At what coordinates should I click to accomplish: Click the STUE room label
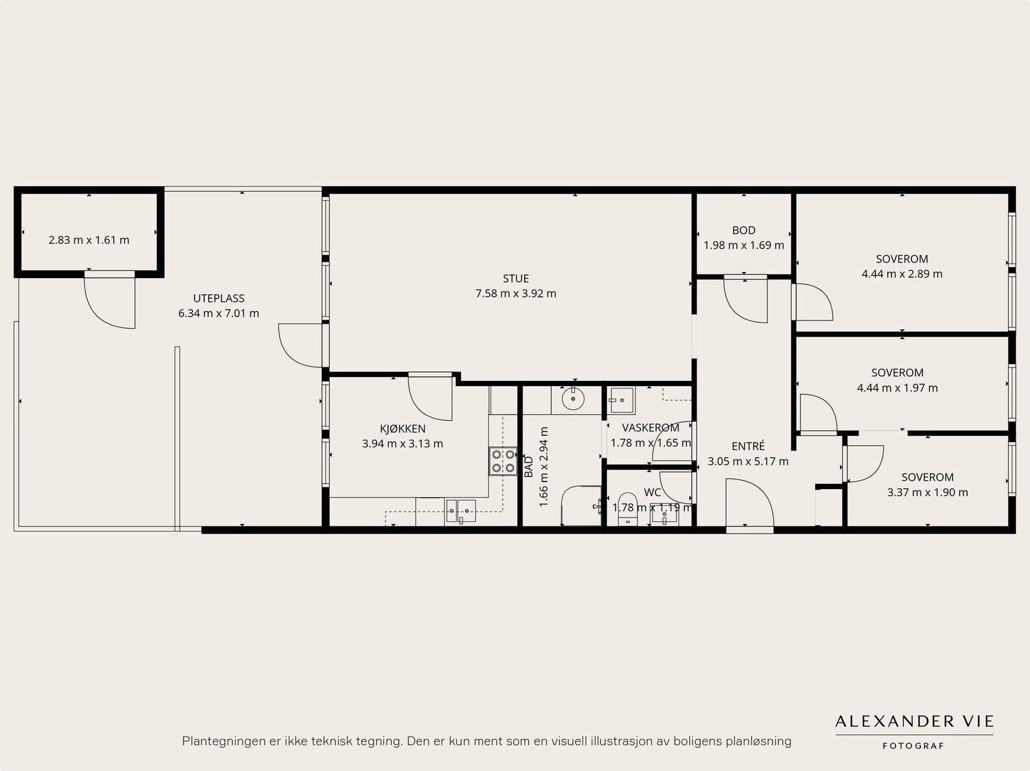click(516, 279)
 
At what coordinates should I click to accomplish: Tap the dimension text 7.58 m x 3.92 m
click(516, 293)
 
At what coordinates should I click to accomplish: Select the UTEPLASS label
click(219, 298)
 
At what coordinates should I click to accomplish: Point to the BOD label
click(744, 230)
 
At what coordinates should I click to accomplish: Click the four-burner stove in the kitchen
click(503, 461)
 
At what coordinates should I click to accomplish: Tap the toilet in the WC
click(627, 508)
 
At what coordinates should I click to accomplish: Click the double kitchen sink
click(460, 511)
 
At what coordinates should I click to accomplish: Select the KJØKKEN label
click(402, 429)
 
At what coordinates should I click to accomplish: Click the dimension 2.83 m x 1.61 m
click(89, 240)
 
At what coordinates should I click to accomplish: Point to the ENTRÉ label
click(748, 445)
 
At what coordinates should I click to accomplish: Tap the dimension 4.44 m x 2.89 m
click(902, 274)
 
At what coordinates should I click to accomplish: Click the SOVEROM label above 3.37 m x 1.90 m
click(927, 477)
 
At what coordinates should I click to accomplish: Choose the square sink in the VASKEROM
click(621, 400)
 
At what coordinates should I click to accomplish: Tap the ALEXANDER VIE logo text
click(914, 721)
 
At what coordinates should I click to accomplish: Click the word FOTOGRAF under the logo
click(913, 746)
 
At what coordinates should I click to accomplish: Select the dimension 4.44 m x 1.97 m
click(897, 388)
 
